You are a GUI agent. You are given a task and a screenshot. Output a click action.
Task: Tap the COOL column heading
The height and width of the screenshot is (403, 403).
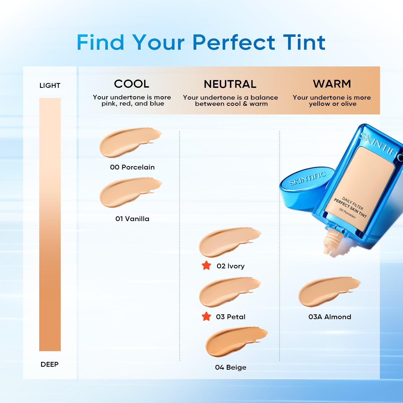[131, 84]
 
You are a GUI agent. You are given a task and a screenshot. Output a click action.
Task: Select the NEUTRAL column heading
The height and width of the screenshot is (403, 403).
[230, 84]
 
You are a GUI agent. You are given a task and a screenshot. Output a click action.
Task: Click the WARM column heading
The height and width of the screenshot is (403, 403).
[332, 84]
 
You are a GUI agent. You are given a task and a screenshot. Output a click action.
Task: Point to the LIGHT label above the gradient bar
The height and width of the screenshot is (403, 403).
[50, 86]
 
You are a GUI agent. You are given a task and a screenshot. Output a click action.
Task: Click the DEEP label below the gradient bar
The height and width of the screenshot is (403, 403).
[49, 364]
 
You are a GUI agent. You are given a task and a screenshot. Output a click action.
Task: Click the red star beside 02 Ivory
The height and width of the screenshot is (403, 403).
[206, 265]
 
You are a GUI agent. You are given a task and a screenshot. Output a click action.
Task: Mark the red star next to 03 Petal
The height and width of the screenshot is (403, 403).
[206, 316]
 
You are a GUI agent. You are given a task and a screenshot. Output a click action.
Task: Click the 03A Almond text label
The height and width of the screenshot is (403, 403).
[330, 317]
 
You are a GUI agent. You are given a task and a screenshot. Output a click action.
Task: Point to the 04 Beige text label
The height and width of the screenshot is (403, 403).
[231, 367]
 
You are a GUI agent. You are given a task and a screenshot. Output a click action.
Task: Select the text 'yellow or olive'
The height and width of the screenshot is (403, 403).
[333, 104]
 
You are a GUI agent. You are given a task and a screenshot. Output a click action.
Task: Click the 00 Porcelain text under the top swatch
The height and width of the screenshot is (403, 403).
[132, 167]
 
